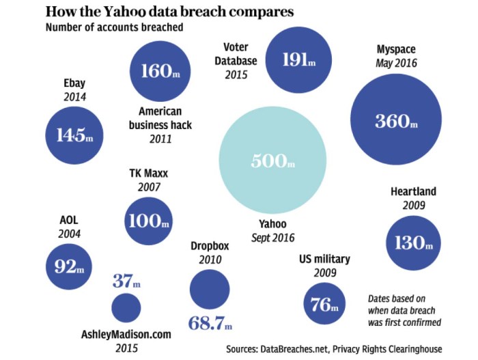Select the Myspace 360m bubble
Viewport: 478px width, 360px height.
click(x=395, y=122)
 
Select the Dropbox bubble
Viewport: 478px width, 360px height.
click(x=209, y=288)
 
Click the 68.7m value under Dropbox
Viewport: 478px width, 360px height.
click(x=209, y=322)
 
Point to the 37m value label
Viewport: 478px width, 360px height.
click(x=126, y=280)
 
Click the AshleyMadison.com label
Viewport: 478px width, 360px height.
click(x=126, y=335)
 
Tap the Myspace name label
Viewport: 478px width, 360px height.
click(x=396, y=50)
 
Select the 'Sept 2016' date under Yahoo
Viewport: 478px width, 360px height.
click(x=272, y=238)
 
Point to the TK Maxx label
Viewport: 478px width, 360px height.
click(x=148, y=173)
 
